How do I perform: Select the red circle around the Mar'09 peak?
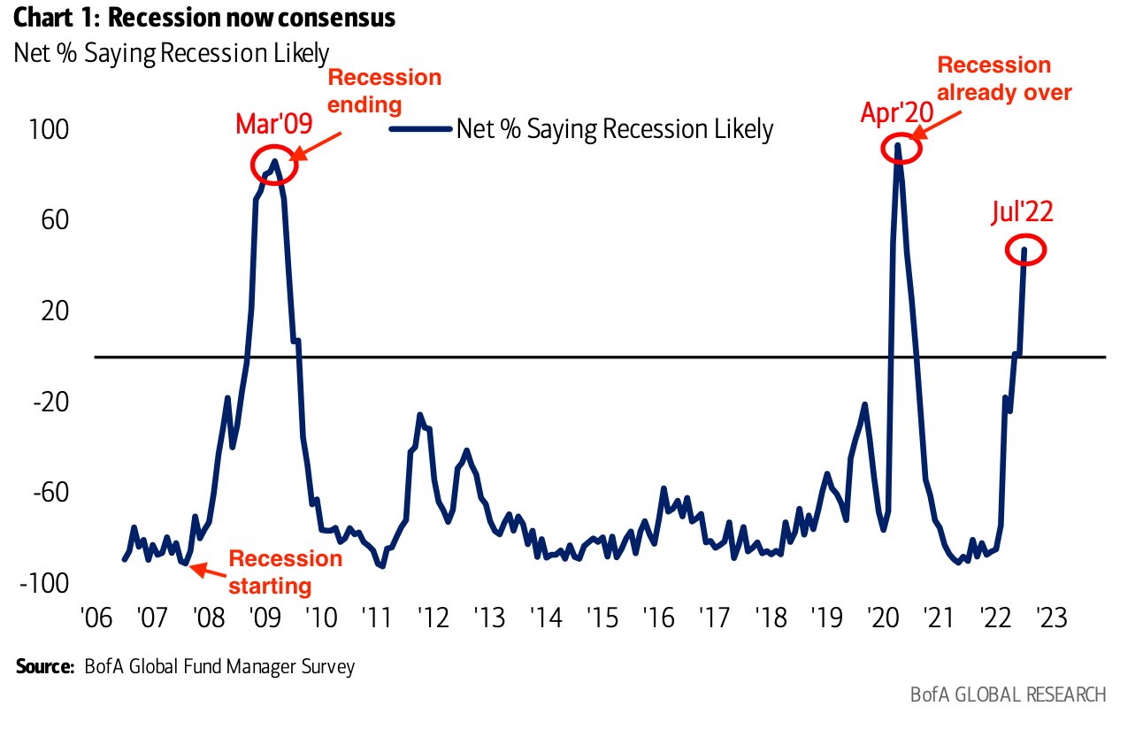[275, 163]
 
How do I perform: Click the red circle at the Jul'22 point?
[1025, 250]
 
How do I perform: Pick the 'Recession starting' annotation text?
[285, 572]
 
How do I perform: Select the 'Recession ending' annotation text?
[384, 90]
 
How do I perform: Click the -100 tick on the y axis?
[50, 583]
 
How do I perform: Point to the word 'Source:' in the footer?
[44, 666]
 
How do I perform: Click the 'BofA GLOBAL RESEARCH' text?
[1008, 694]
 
